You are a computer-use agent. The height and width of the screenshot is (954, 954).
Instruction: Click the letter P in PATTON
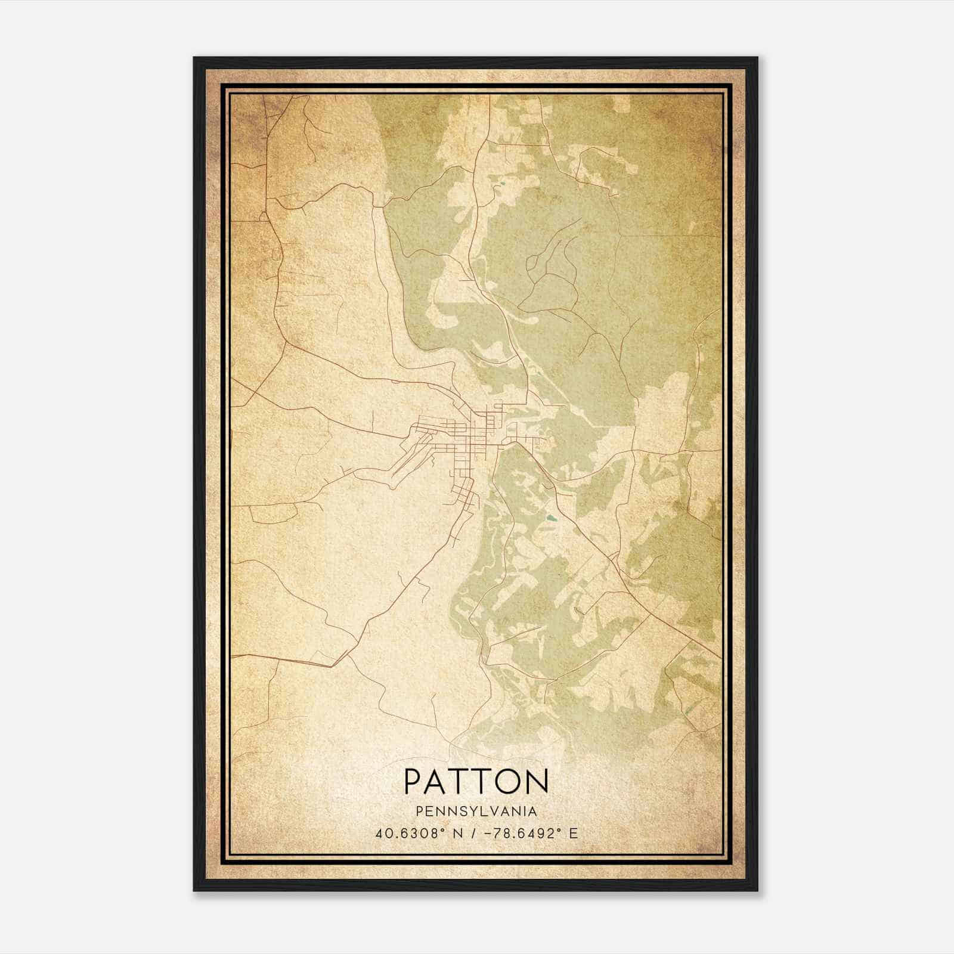[414, 781]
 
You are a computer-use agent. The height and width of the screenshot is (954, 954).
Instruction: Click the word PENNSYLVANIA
[476, 811]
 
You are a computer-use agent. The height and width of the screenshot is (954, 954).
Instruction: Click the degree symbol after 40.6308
[443, 829]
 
